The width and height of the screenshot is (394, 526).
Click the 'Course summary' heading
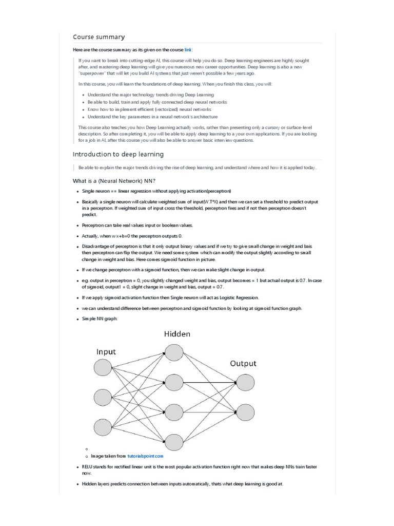[98, 37]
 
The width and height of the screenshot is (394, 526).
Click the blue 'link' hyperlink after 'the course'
[188, 49]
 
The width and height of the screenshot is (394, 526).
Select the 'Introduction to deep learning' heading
[118, 154]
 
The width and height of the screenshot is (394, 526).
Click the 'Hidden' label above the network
[177, 334]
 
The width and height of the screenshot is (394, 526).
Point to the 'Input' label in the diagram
[106, 352]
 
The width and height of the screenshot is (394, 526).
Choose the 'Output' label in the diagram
[243, 364]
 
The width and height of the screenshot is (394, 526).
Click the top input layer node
[103, 367]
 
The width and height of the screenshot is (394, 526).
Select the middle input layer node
[103, 398]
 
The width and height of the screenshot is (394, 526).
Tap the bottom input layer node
[103, 427]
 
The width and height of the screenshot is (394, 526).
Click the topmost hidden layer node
[174, 352]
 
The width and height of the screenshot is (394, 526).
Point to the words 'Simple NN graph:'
[100, 319]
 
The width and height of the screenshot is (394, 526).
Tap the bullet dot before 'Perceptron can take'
[77, 226]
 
